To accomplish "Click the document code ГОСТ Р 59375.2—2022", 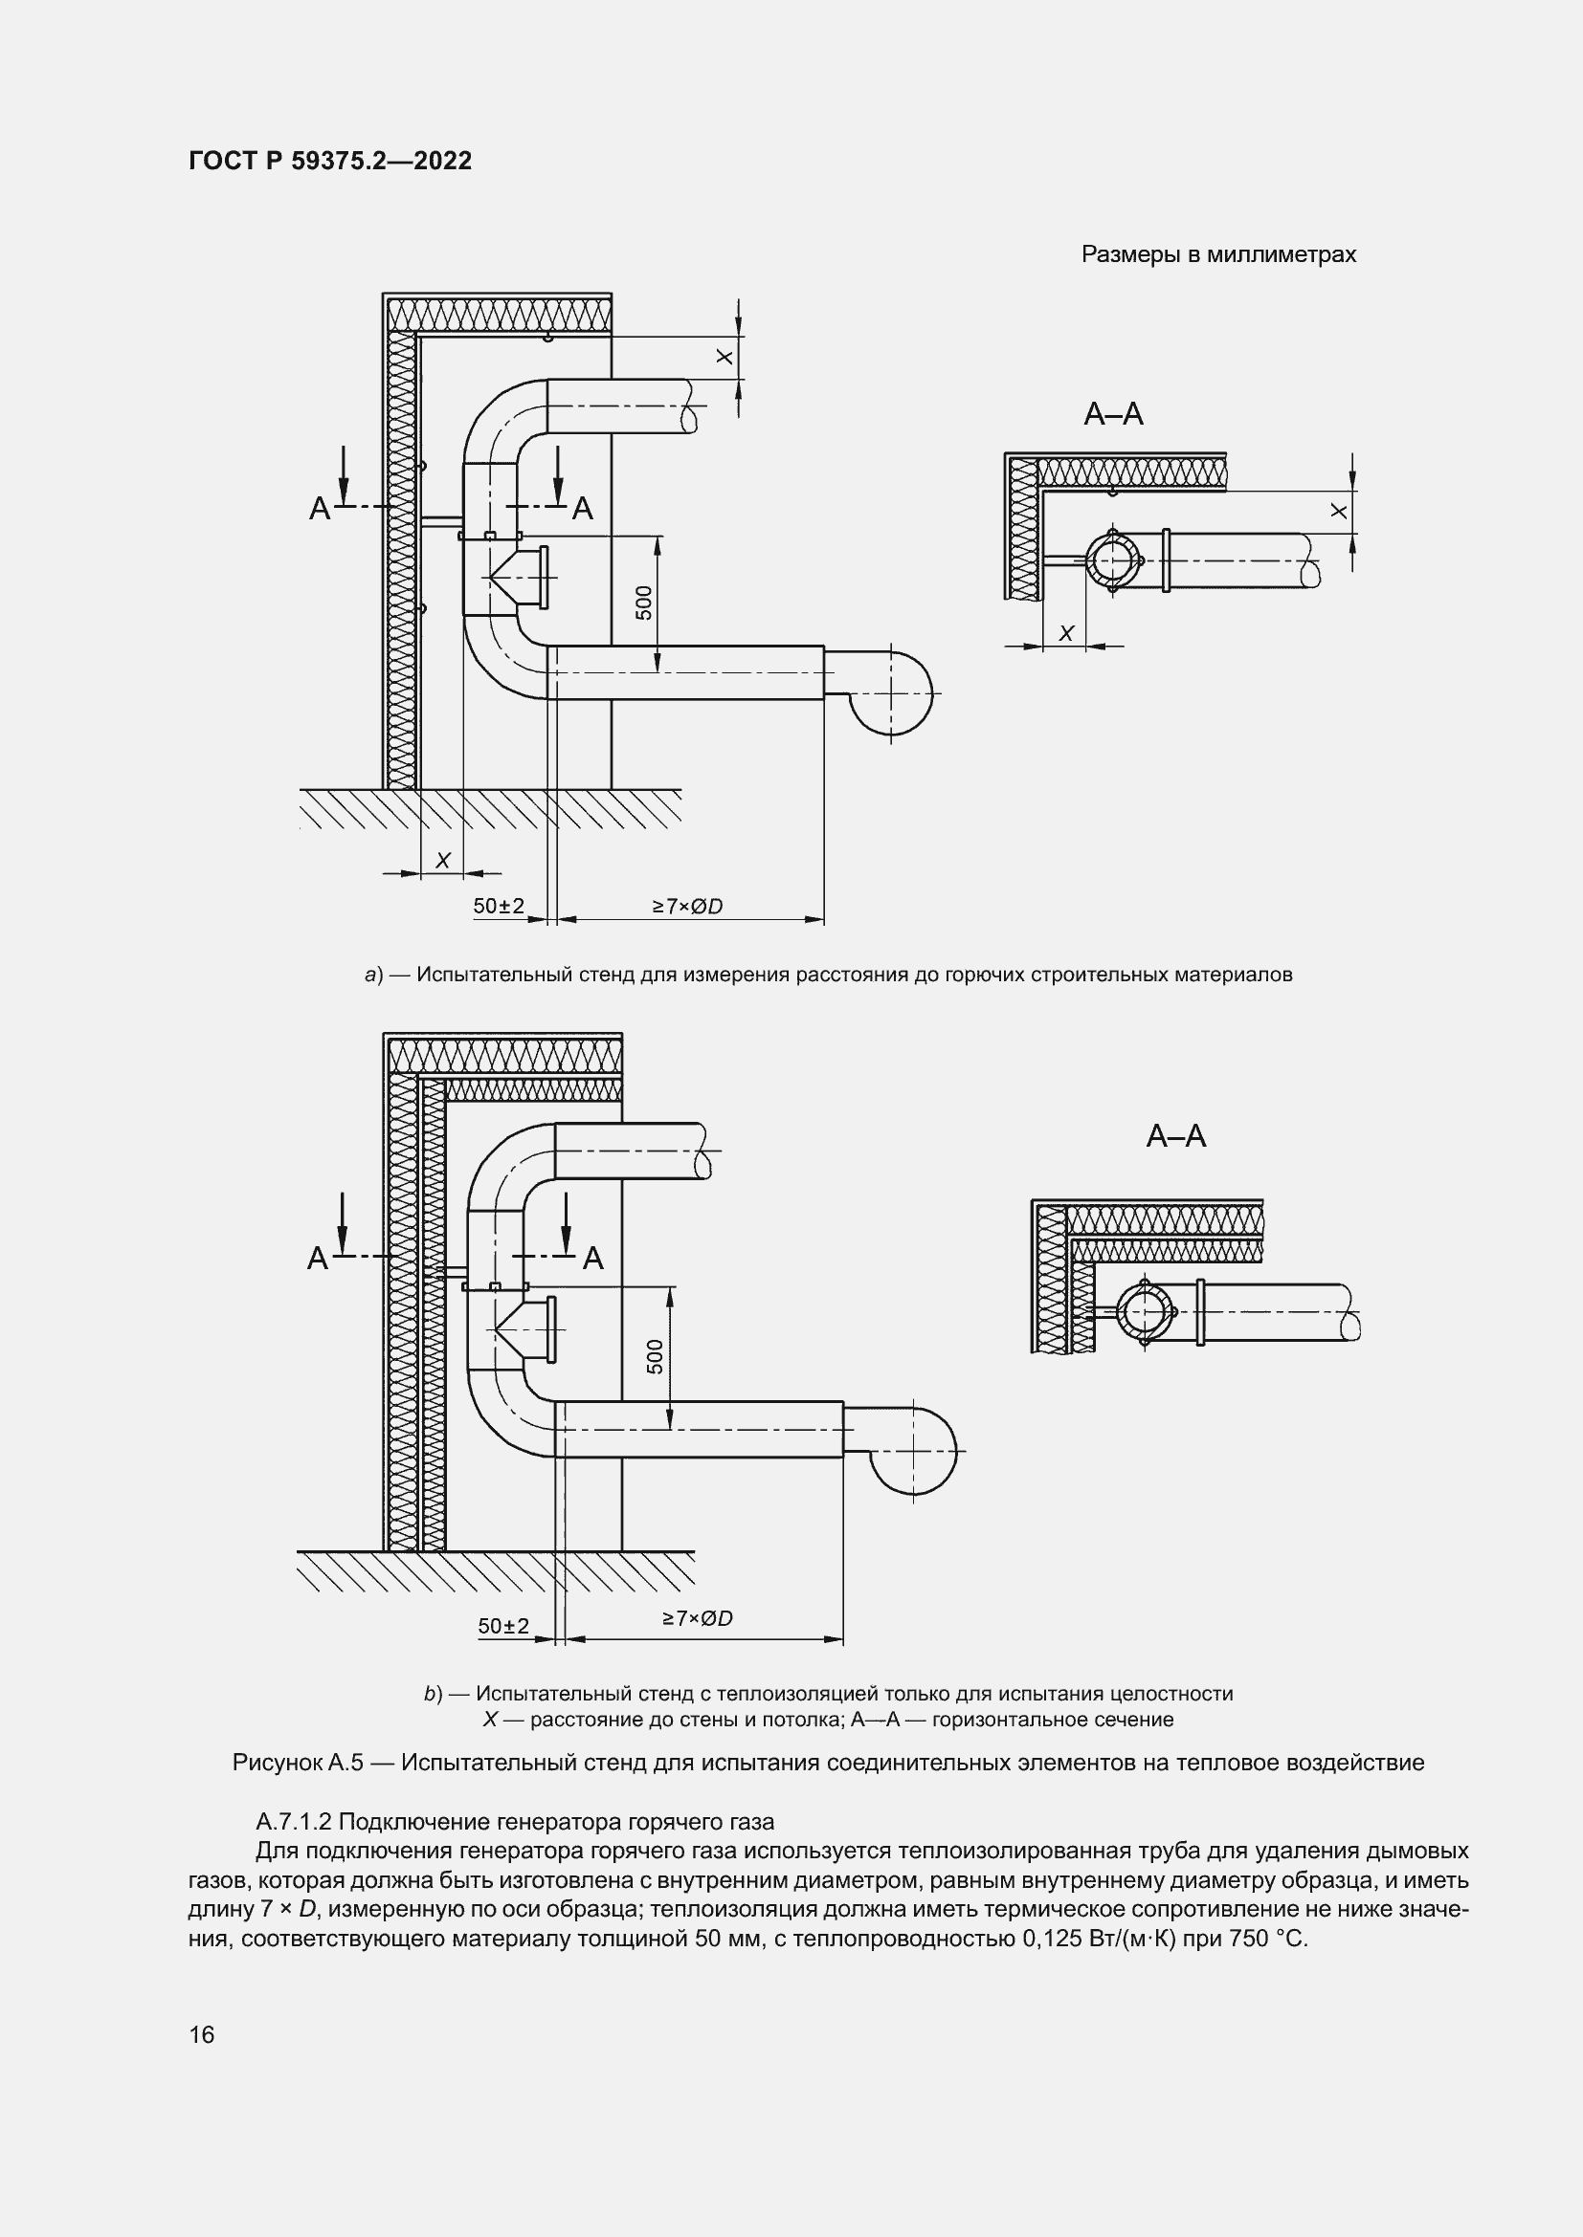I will point(329,161).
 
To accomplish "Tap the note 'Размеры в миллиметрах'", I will point(1218,255).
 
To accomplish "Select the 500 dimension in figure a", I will point(643,603).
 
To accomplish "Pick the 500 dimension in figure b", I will point(655,1356).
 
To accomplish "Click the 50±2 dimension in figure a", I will point(498,906).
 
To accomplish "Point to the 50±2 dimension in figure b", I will point(503,1626).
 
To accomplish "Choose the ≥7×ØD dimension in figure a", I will point(687,906).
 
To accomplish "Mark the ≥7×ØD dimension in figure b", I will point(698,1618).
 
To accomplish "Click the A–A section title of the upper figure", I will point(1113,414).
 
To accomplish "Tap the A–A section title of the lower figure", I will point(1175,1136).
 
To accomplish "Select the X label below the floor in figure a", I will point(442,861).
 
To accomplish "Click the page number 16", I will point(202,2034).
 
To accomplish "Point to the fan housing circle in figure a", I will point(891,692).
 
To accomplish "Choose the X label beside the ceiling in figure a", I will point(725,358).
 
